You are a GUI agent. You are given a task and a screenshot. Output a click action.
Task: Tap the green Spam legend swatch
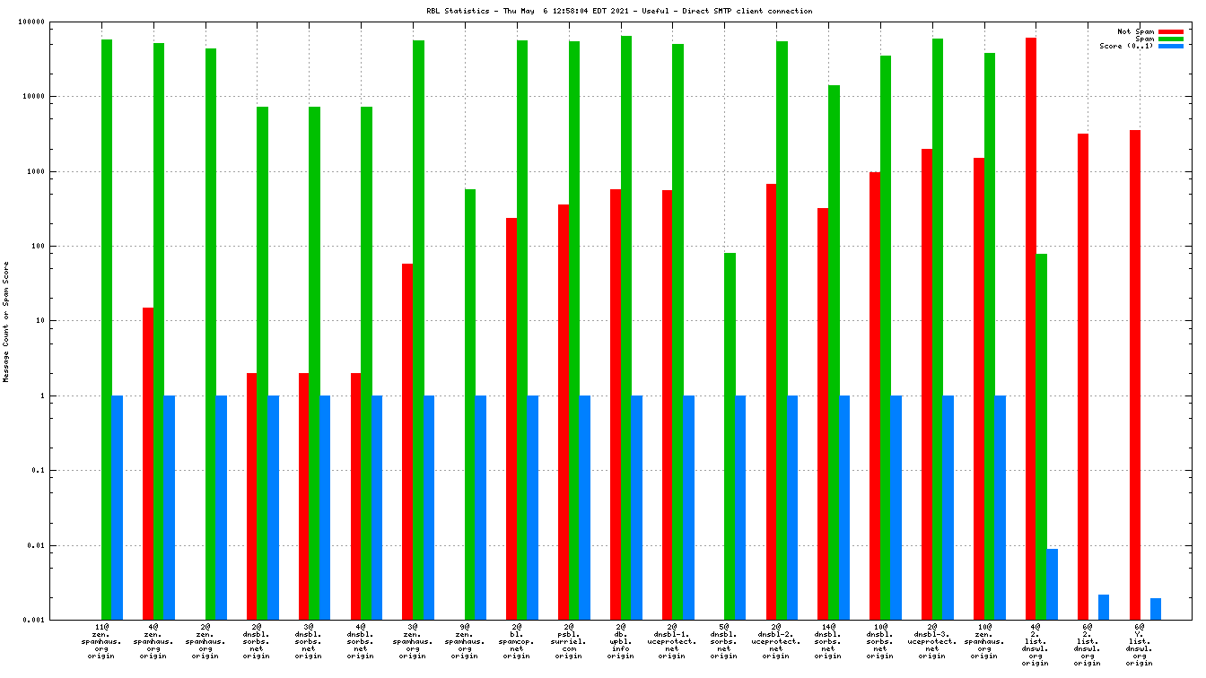coord(1171,39)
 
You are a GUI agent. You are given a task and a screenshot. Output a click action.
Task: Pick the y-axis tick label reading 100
coord(65,246)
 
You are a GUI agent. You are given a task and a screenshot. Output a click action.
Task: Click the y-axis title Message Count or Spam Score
coord(6,321)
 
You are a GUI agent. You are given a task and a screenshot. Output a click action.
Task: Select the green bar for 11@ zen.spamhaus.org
coord(107,329)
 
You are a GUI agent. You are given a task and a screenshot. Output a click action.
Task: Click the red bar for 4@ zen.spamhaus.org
coord(148,464)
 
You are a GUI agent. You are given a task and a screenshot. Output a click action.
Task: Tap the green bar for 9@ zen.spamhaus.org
coord(470,404)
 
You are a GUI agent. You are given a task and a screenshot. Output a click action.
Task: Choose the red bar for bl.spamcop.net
coord(511,419)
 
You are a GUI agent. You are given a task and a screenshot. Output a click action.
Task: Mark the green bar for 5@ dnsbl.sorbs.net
coord(730,436)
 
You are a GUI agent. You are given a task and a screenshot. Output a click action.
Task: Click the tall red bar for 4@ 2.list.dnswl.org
coord(1031,328)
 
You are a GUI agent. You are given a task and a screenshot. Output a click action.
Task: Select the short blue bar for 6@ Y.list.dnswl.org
coord(1156,609)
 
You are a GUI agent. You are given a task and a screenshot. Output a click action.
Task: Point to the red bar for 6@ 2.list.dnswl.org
coord(1083,377)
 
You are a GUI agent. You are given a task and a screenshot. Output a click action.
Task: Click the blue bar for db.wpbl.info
coord(637,508)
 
